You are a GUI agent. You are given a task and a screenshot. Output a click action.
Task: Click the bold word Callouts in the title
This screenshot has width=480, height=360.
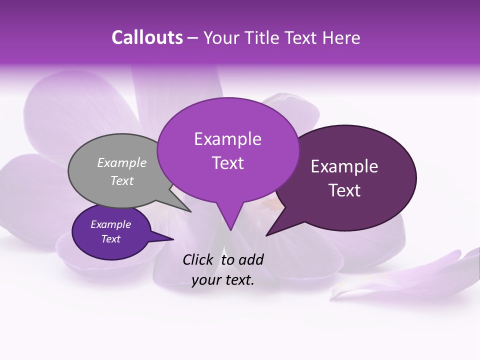[147, 37]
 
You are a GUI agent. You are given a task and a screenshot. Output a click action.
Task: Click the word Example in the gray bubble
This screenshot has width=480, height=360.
[122, 162]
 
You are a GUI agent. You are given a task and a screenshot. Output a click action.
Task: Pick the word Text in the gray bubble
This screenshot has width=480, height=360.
[122, 180]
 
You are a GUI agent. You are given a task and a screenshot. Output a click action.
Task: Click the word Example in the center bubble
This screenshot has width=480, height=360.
[227, 139]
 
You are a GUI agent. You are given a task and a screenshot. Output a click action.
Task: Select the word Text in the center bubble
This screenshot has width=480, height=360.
[227, 163]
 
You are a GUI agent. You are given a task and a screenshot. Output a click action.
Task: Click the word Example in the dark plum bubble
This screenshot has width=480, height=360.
[344, 166]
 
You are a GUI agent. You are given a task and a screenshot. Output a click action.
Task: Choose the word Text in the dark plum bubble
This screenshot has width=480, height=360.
[344, 190]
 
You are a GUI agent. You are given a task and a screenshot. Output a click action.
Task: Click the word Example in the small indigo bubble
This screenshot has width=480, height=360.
[110, 224]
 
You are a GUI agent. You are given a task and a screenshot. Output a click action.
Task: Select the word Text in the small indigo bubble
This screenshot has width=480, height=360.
[110, 239]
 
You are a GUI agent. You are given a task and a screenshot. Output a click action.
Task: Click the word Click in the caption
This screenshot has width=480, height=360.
[198, 259]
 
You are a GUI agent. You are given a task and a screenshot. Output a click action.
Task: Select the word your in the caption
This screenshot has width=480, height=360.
[205, 280]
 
